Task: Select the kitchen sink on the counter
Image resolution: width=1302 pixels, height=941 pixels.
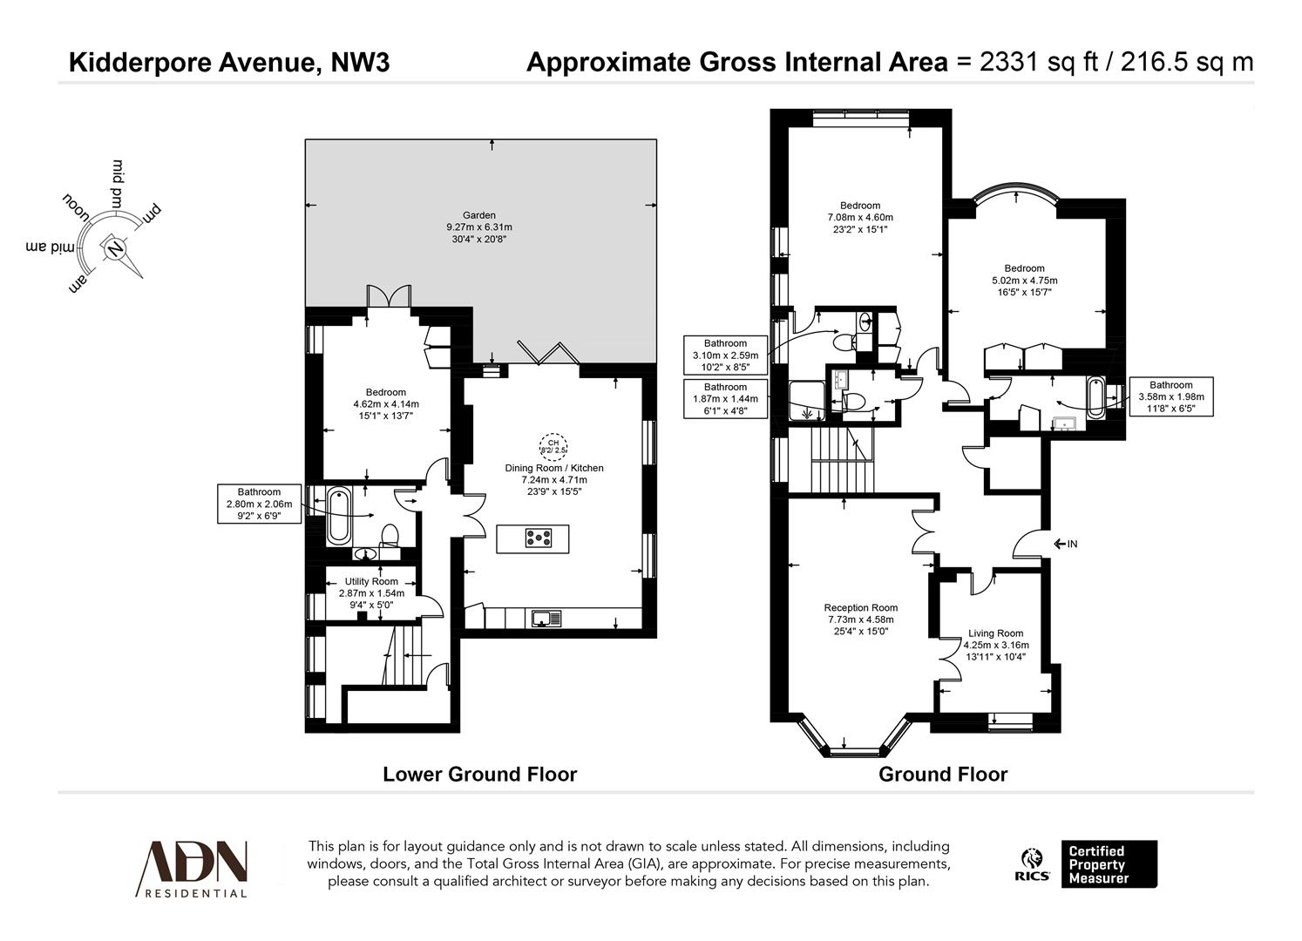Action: [546, 618]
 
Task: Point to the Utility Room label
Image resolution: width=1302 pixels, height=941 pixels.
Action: [371, 581]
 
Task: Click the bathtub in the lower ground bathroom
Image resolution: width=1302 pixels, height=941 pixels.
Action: [338, 517]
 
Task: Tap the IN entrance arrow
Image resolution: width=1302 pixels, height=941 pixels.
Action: [1065, 545]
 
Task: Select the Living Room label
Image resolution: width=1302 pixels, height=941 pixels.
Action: [995, 633]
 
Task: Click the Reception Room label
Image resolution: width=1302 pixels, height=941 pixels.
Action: [860, 608]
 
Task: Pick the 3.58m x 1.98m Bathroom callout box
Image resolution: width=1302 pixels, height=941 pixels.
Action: [1170, 396]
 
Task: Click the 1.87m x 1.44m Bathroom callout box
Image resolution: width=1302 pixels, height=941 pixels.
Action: [725, 398]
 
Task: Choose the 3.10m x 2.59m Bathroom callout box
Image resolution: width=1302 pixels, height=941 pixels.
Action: [725, 355]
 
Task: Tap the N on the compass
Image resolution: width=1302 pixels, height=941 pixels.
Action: [114, 249]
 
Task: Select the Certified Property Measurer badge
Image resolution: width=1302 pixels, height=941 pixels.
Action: [1108, 864]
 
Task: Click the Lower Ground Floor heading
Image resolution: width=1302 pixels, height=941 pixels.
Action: [479, 774]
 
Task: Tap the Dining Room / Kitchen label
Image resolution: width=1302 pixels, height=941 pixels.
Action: [554, 468]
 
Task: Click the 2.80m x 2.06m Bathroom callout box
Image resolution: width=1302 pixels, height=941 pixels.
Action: [259, 504]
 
